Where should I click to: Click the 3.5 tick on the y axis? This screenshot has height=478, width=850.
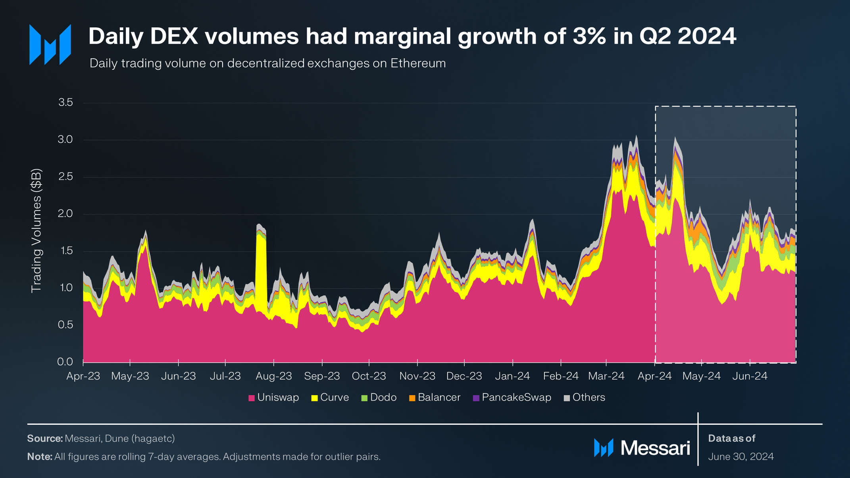(65, 103)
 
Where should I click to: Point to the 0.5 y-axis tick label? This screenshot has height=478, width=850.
(65, 325)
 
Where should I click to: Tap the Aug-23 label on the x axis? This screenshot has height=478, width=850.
(273, 376)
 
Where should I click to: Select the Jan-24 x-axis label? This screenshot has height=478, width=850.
(512, 376)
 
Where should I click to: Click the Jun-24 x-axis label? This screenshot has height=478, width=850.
(750, 376)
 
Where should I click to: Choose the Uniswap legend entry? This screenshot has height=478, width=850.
(273, 397)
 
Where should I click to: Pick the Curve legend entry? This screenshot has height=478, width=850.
(330, 397)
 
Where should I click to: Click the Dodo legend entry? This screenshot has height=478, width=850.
(379, 397)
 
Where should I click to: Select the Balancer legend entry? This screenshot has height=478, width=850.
(435, 397)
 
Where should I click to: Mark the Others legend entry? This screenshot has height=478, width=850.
(585, 397)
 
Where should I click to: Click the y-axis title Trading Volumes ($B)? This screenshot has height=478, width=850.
(37, 231)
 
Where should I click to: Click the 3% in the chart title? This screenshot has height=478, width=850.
(589, 36)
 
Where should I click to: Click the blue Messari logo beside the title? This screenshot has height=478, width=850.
(50, 44)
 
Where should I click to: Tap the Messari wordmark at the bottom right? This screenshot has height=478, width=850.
(655, 448)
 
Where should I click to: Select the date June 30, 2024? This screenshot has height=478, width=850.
(741, 457)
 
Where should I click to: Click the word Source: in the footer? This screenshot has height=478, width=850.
(45, 438)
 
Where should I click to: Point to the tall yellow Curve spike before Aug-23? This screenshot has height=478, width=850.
(261, 270)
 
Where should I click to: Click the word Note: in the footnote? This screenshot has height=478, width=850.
(40, 457)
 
